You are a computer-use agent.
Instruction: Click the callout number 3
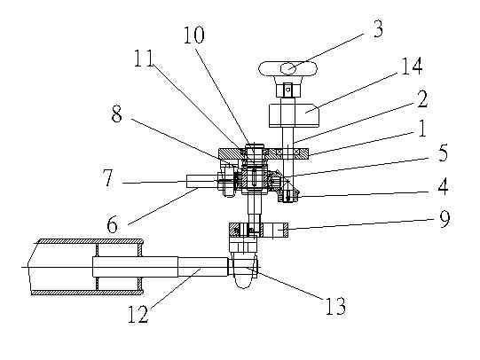[378, 29]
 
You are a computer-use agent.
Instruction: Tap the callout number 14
[412, 66]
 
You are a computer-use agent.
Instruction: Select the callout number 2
[421, 99]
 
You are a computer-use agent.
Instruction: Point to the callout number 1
[421, 128]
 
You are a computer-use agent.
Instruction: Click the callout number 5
[442, 153]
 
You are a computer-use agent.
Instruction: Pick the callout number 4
[443, 187]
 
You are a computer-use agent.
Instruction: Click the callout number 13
[335, 306]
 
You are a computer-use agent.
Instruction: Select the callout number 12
[138, 314]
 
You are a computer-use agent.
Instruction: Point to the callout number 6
[112, 225]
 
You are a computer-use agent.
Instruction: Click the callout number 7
[108, 178]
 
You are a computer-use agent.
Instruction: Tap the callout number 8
[116, 115]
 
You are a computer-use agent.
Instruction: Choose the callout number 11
[144, 59]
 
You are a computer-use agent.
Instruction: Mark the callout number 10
[193, 35]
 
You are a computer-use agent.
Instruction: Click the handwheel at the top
[287, 69]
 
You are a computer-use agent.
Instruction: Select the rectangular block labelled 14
[294, 115]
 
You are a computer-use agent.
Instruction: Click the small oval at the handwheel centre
[288, 68]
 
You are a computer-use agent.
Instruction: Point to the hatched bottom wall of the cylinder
[88, 293]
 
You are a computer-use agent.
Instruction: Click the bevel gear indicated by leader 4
[288, 194]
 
